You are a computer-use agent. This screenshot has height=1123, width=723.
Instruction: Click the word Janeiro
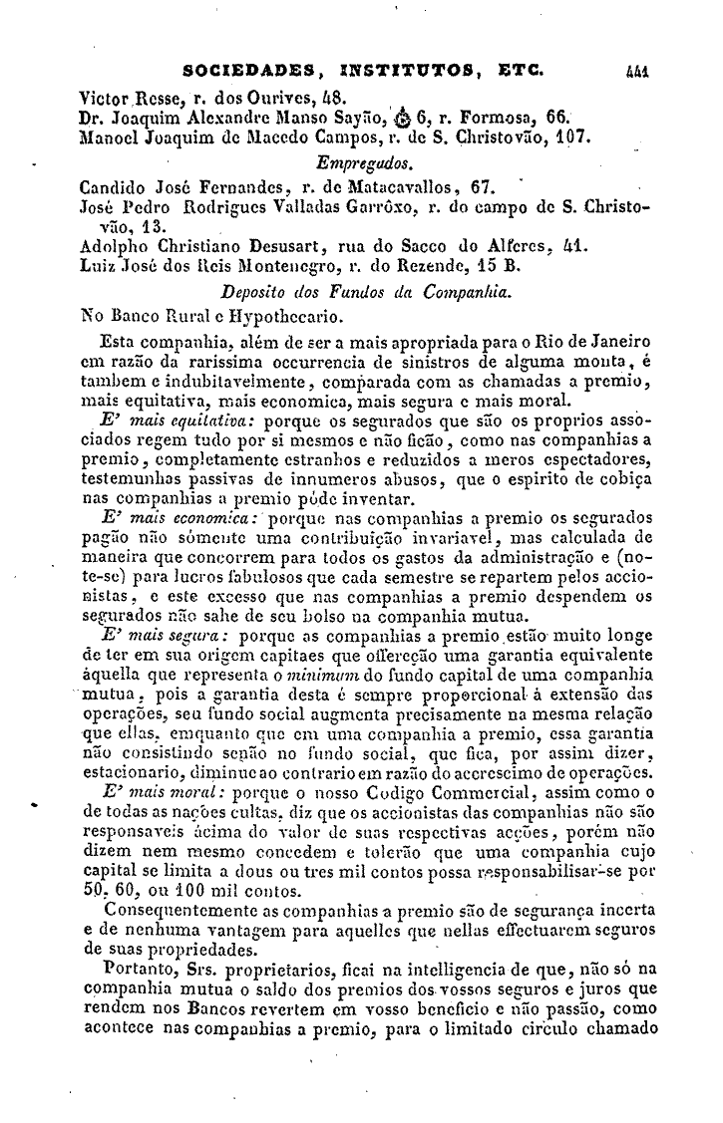pos(614,343)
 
